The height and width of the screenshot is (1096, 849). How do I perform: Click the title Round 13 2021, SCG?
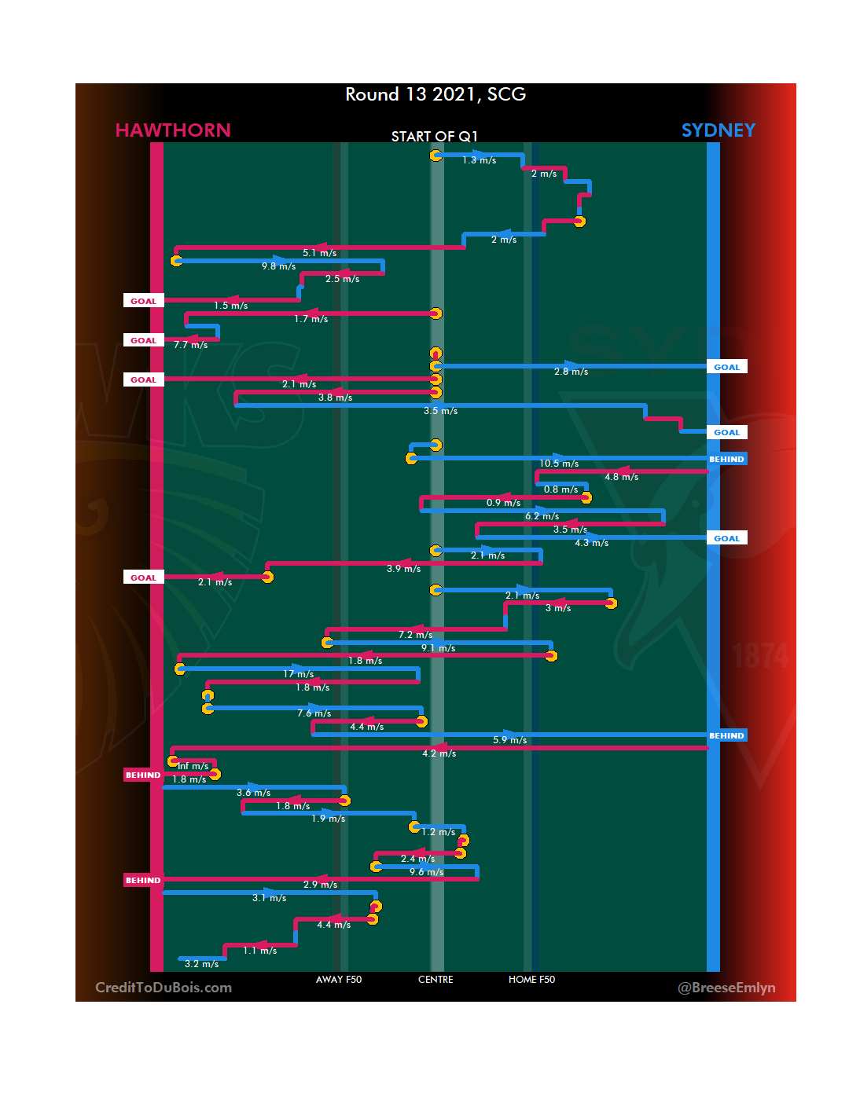(x=436, y=94)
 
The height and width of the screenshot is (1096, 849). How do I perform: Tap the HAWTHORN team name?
(x=173, y=130)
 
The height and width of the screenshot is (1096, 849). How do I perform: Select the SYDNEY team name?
(x=718, y=130)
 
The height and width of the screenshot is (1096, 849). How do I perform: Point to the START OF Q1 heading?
(x=434, y=137)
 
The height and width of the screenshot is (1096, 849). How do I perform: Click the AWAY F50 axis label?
(x=339, y=980)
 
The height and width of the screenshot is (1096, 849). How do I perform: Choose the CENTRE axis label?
(x=436, y=980)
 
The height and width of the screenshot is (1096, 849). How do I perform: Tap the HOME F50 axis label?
(x=531, y=980)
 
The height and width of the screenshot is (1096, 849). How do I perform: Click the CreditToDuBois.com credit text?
(x=164, y=988)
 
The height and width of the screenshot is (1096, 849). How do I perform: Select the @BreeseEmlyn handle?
(x=726, y=988)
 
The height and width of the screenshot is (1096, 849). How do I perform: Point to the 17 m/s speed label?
(x=299, y=674)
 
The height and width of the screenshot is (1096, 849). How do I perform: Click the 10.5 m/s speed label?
(x=559, y=464)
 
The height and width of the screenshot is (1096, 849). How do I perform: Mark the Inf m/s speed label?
(x=193, y=766)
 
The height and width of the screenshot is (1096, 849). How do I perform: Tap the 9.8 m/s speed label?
(x=279, y=266)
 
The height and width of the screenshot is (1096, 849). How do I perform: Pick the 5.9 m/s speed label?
(x=509, y=740)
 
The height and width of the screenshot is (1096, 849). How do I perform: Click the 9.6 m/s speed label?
(x=426, y=872)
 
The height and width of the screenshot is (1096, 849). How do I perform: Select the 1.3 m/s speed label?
(x=479, y=160)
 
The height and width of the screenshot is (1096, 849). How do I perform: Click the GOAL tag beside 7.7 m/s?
(x=143, y=340)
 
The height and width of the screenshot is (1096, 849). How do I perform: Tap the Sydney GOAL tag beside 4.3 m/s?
(x=726, y=538)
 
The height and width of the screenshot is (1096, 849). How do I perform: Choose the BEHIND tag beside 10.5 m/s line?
(x=726, y=459)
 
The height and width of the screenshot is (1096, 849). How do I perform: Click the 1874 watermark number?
(x=759, y=656)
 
